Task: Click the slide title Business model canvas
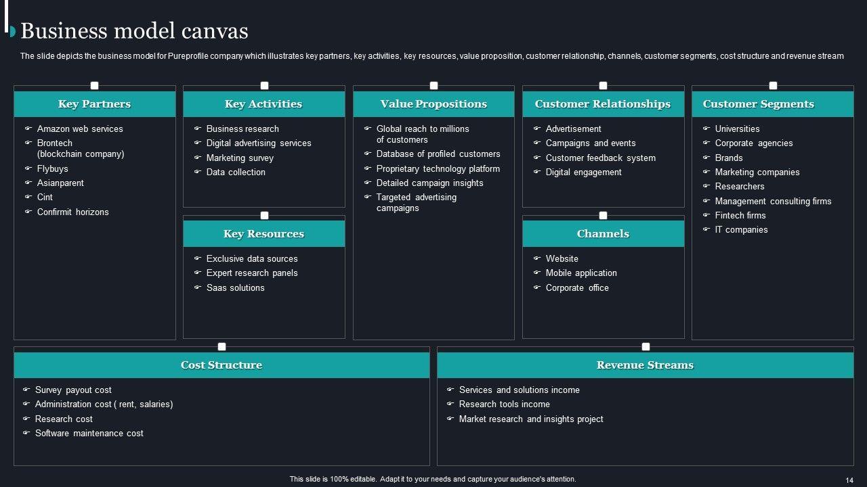134,31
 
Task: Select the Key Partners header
94,104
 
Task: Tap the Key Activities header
263,104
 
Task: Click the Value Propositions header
433,104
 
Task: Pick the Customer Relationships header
603,104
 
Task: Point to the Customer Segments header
758,104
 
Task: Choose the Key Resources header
263,234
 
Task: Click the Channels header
603,234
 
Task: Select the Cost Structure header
221,365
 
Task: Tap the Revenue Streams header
645,365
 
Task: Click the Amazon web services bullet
80,129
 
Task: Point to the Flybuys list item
53,169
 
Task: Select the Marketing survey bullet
240,158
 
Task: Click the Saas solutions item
235,288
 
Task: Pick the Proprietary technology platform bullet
438,169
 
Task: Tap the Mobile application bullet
581,273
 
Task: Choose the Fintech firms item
740,216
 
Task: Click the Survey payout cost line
73,390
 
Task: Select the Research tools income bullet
504,404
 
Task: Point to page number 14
849,480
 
